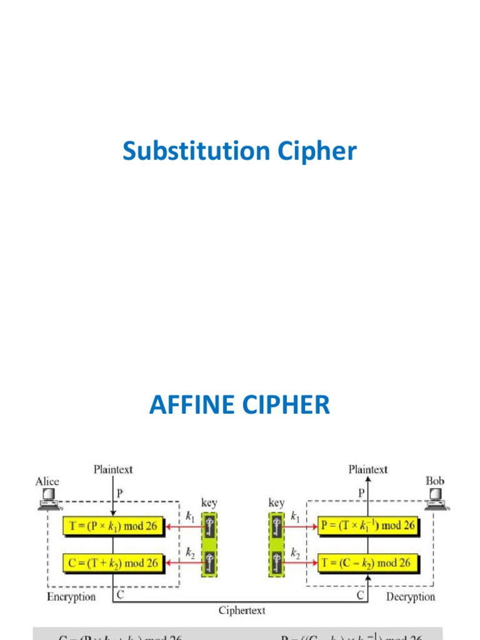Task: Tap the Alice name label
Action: tap(47, 481)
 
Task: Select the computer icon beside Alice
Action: tap(47, 499)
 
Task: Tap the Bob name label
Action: tap(434, 481)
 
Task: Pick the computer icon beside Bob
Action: tap(436, 499)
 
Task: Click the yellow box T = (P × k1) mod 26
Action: tap(113, 526)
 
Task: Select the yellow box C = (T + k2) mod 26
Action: tap(113, 562)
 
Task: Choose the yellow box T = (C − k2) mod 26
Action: tap(367, 562)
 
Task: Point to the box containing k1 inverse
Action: tap(367, 526)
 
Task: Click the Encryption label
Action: tap(71, 597)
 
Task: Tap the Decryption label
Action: tap(410, 597)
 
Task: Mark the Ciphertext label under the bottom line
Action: tap(241, 611)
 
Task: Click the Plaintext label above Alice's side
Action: tap(113, 469)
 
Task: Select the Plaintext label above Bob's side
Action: tap(367, 469)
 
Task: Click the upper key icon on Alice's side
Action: tap(210, 527)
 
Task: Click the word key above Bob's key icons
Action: tap(276, 502)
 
